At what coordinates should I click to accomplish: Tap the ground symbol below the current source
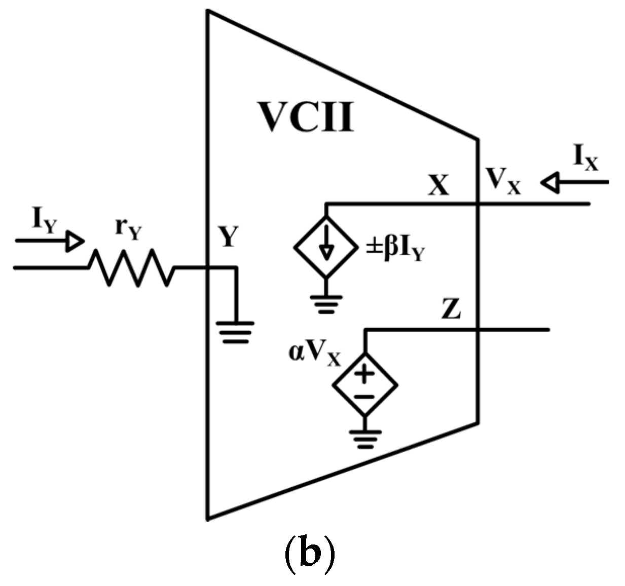(x=325, y=304)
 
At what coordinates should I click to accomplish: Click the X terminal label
(x=438, y=186)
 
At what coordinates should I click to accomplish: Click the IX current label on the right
(x=585, y=159)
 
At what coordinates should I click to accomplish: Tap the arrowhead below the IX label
(x=550, y=182)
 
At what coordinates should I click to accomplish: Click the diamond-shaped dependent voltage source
(x=364, y=384)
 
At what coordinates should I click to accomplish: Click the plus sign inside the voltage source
(x=364, y=374)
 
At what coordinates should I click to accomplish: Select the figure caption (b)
(x=309, y=555)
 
